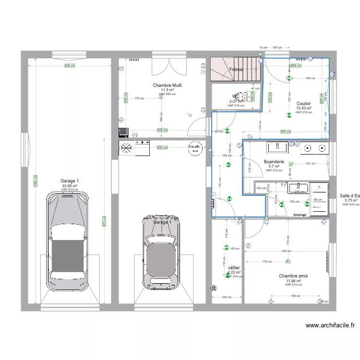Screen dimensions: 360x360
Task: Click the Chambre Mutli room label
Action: [167, 85]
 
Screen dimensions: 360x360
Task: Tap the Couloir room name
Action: [303, 103]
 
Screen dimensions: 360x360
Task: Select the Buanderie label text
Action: [274, 162]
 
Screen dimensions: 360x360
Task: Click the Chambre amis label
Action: [293, 276]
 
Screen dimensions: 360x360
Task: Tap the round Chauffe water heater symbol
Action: [195, 148]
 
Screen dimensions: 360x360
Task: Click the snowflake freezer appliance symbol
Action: [127, 148]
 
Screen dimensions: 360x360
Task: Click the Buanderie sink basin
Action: [277, 147]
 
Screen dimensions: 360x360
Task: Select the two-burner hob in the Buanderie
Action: [314, 148]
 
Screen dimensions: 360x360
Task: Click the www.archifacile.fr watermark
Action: [330, 325]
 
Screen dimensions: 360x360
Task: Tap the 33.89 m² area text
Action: [70, 186]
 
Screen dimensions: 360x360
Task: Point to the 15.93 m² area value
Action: [303, 108]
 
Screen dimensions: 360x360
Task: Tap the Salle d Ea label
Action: [350, 195]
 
